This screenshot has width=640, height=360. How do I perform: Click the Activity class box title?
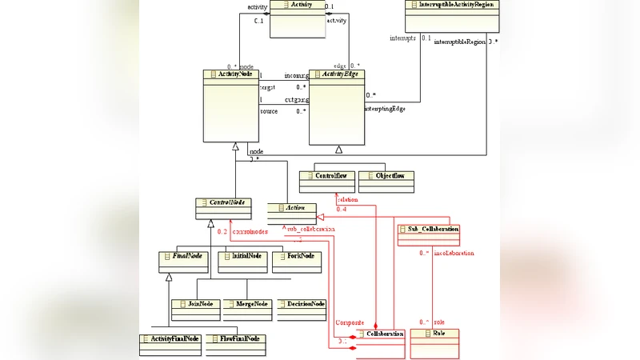tap(297, 5)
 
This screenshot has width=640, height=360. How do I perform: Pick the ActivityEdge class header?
tap(338, 74)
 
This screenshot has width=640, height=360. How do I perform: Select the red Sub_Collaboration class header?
tap(428, 230)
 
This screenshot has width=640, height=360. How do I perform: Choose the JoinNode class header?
tap(195, 304)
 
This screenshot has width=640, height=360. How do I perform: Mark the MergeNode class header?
tap(248, 304)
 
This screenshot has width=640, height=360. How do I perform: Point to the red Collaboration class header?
tap(381, 333)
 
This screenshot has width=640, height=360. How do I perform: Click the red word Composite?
tap(350, 322)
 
